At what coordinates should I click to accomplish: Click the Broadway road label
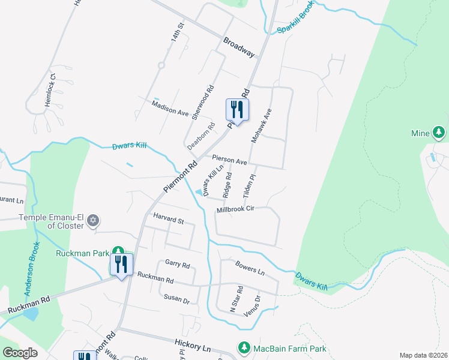click(x=239, y=48)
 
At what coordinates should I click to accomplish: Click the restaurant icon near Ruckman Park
click(x=122, y=264)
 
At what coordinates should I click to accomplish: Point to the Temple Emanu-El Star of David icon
click(x=92, y=221)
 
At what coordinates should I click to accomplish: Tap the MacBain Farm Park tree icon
click(x=244, y=347)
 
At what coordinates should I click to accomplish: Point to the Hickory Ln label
click(x=193, y=346)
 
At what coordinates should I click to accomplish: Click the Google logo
click(x=20, y=352)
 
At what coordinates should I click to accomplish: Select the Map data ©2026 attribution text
click(x=423, y=355)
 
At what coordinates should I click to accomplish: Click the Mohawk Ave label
click(x=262, y=124)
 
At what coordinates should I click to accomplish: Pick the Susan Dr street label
click(x=176, y=297)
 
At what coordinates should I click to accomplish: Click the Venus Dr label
click(x=253, y=306)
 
